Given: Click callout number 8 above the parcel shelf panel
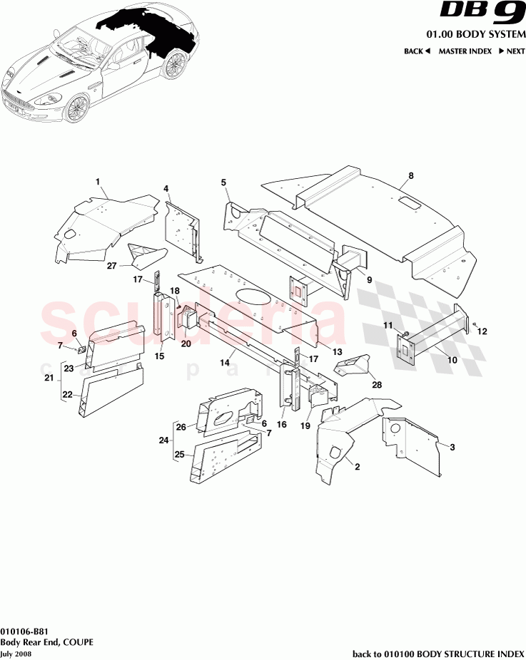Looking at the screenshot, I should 411,175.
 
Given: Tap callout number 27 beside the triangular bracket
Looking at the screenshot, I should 111,266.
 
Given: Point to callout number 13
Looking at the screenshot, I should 337,351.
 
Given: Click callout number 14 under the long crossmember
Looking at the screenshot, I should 225,363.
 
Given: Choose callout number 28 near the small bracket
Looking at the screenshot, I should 377,385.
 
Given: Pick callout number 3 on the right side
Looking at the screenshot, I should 451,447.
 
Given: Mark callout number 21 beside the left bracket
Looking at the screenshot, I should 49,378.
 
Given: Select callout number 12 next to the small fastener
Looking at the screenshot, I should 482,331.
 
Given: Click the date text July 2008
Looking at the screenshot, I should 16,652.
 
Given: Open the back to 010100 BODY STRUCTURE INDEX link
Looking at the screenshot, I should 439,653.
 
